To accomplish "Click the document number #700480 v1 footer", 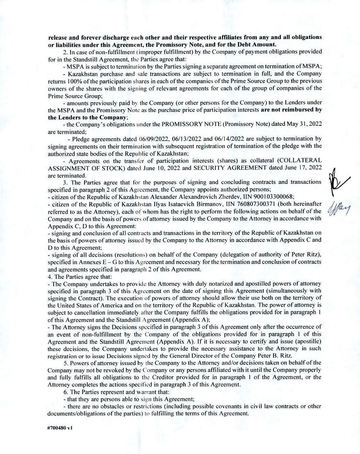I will tap(60, 427).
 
